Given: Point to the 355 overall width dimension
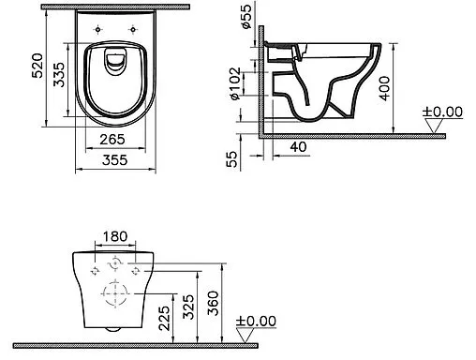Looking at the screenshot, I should [x=114, y=162].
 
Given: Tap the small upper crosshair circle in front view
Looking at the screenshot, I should [x=114, y=262].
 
